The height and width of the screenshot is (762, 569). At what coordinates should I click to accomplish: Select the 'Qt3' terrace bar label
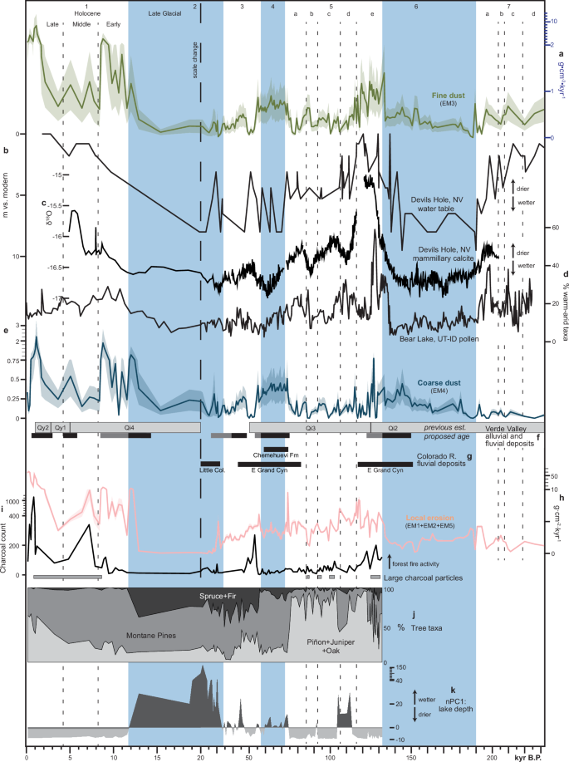pos(310,426)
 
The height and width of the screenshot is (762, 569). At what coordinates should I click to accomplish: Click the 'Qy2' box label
pos(42,426)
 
